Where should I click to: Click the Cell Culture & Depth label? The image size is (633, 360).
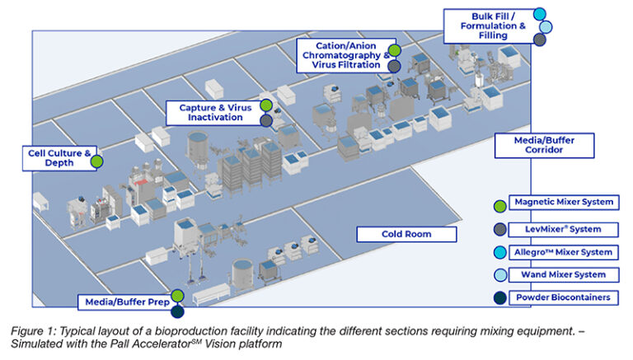59,157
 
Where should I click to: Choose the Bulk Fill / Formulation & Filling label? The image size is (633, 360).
487,26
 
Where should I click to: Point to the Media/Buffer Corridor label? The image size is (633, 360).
545,146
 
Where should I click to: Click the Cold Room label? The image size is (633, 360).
406,234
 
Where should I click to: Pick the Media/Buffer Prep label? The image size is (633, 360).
123,302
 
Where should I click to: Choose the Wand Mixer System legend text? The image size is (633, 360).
560,274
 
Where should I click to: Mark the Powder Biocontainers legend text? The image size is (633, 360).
560,297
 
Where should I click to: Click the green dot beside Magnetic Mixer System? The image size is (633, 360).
499,206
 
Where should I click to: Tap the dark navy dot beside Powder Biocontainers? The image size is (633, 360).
499,298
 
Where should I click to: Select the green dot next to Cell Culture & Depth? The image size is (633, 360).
96,161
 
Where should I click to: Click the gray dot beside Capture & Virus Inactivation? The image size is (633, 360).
266,120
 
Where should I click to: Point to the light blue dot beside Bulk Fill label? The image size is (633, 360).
545,26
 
